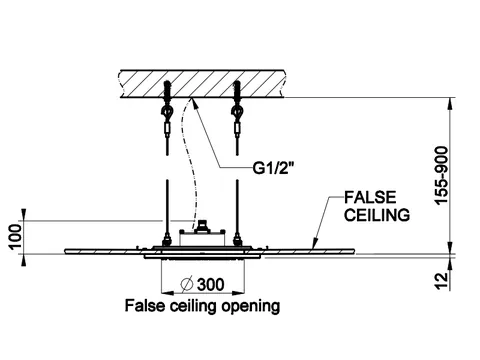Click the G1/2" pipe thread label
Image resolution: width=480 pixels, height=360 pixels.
coord(274,168)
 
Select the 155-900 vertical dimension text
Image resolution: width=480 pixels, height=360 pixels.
coord(441,176)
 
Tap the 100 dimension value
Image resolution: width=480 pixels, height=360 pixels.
coord(15,237)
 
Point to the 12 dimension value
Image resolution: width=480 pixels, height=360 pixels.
coord(441,281)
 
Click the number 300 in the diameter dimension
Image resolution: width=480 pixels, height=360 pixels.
coord(211,285)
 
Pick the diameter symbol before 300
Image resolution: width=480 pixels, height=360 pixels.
coord(187,284)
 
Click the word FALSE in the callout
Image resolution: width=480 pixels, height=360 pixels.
coord(370,197)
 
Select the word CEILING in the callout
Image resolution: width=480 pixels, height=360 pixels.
coord(377,215)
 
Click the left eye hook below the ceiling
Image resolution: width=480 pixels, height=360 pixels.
coord(166,111)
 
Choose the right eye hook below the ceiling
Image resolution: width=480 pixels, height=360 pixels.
coord(237,111)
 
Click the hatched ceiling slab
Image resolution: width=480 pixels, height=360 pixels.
coord(202,84)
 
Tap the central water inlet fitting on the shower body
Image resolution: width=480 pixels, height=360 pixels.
coord(202,226)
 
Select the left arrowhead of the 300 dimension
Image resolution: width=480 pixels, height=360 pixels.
coord(168,293)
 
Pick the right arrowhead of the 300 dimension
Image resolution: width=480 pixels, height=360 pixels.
coord(238,293)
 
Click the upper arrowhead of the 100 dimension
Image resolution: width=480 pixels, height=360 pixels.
coord(23,215)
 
